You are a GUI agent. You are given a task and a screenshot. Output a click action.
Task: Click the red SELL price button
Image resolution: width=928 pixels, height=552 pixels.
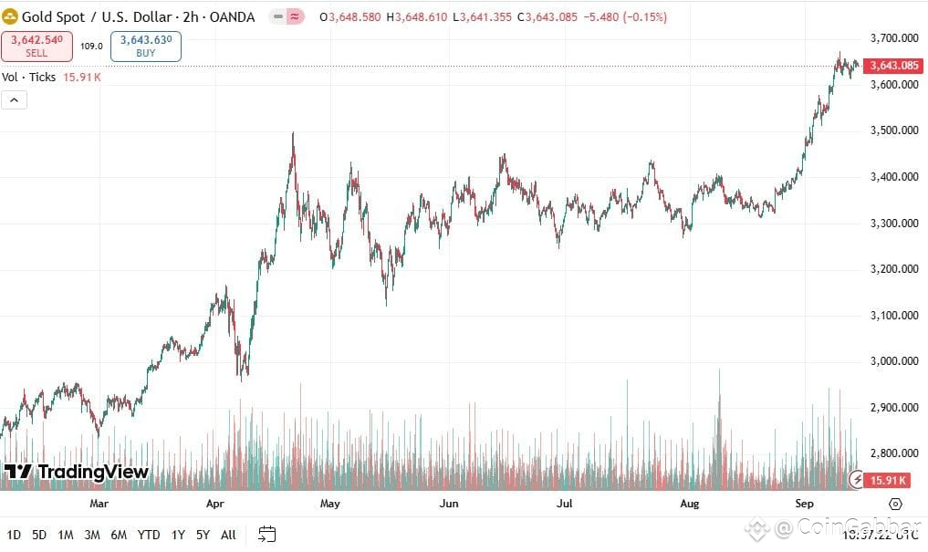[x=36, y=46]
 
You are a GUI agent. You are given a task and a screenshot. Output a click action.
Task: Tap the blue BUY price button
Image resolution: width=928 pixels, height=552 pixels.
[x=146, y=46]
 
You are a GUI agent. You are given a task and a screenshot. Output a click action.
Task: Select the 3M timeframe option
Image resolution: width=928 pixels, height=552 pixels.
[x=92, y=535]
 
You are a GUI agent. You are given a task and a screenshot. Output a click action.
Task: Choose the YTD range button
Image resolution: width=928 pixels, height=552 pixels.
[x=149, y=535]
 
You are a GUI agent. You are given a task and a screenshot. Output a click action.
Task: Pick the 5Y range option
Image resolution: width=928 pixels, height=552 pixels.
[x=203, y=535]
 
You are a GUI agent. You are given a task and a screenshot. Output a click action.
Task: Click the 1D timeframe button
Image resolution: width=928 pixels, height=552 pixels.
[x=15, y=535]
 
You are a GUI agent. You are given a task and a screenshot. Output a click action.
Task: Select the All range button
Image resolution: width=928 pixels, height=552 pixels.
[x=228, y=535]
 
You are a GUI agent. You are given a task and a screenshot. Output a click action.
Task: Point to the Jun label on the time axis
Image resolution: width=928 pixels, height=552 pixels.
[x=448, y=504]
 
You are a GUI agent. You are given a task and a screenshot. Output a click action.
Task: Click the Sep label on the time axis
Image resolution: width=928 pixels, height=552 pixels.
[x=804, y=504]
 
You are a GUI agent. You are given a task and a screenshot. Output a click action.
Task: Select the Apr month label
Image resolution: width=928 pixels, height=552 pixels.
[x=215, y=504]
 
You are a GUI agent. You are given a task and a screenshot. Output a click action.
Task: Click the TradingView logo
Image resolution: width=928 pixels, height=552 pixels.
[x=76, y=472]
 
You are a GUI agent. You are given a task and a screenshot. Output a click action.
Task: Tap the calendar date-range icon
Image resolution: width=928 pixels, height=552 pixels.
[x=267, y=535]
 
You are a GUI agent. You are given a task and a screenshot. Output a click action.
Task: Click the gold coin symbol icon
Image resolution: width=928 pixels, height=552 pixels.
[x=10, y=17]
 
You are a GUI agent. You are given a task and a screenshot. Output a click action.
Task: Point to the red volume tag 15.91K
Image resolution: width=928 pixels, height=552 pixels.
[x=888, y=480]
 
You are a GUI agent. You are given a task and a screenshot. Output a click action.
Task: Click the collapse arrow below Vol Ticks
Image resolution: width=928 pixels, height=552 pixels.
[x=15, y=99]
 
